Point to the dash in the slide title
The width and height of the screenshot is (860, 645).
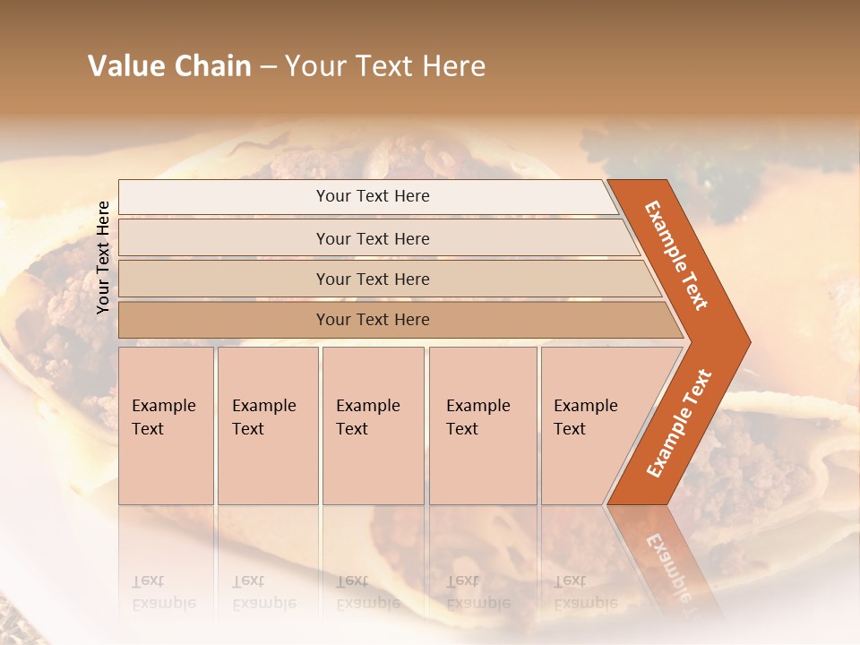click(x=268, y=67)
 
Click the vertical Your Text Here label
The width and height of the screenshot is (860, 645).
click(x=103, y=257)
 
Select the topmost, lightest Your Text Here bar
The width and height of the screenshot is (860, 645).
click(x=372, y=196)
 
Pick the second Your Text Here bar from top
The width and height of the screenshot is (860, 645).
click(x=372, y=238)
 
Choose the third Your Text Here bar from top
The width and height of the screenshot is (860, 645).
click(x=372, y=279)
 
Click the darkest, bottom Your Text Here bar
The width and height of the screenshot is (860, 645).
click(x=372, y=320)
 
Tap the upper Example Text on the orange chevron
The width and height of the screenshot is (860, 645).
click(x=676, y=255)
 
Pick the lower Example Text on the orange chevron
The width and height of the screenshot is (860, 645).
click(x=679, y=424)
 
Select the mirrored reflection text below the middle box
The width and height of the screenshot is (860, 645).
click(x=367, y=592)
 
